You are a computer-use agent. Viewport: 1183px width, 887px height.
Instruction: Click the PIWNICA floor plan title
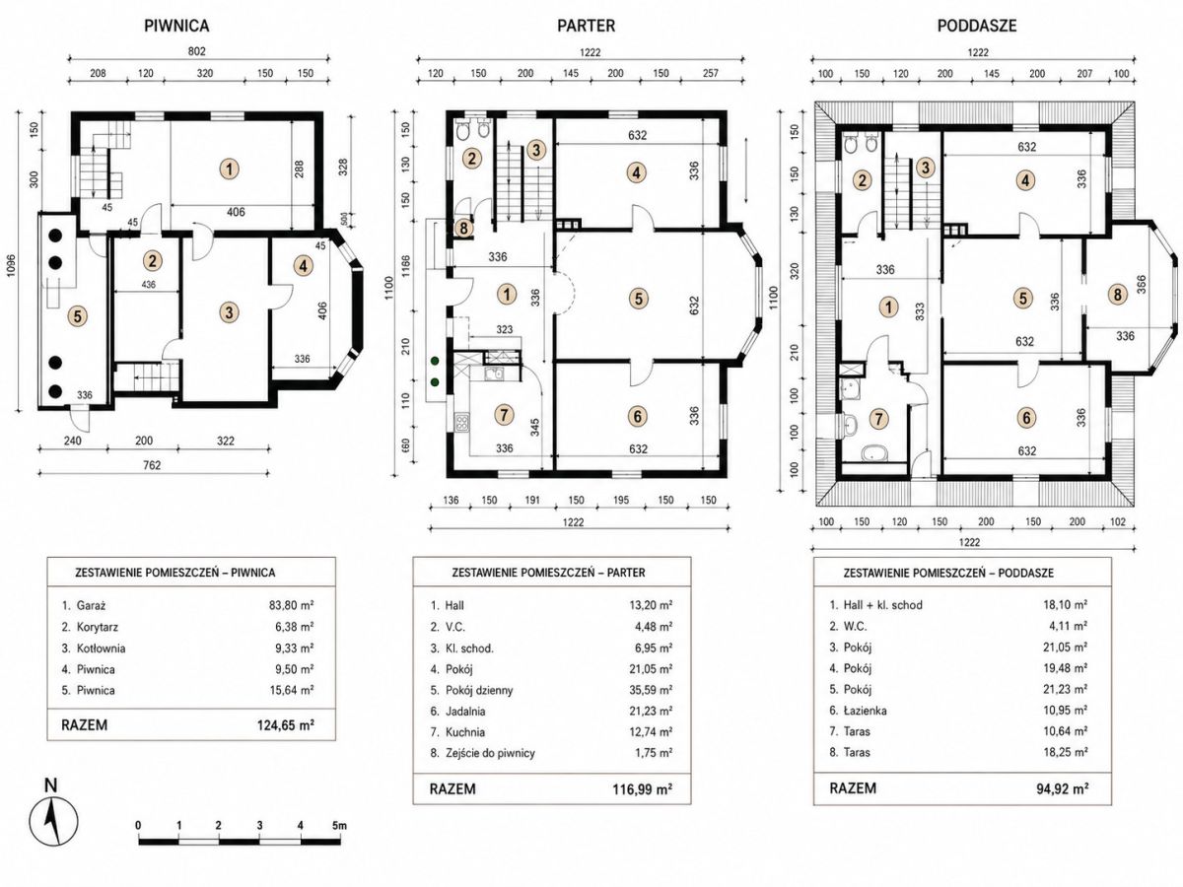click(176, 26)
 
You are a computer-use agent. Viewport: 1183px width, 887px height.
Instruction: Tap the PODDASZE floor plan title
click(977, 26)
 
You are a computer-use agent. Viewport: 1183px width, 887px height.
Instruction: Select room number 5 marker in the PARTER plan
click(639, 298)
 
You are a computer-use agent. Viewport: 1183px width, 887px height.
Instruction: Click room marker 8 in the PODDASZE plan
click(1117, 295)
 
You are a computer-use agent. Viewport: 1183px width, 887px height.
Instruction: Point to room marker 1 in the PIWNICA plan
click(229, 170)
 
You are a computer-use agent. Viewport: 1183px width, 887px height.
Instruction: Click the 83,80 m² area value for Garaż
click(292, 605)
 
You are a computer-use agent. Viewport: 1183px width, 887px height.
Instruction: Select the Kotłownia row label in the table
click(101, 648)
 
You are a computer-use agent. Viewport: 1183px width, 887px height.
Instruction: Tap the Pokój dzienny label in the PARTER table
click(479, 690)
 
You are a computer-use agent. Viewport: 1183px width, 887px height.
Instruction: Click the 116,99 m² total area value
click(642, 789)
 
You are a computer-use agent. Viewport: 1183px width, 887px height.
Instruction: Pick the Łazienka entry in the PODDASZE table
click(865, 711)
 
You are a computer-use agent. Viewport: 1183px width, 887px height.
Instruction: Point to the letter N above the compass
click(50, 785)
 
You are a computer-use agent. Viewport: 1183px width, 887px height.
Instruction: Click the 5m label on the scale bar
click(339, 825)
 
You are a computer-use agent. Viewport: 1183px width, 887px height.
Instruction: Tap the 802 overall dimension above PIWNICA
click(197, 51)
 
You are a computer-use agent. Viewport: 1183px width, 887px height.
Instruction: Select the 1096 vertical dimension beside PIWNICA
click(10, 265)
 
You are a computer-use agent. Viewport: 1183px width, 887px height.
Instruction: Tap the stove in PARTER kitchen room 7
click(462, 421)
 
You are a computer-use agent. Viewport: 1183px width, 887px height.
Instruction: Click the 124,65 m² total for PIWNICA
click(286, 725)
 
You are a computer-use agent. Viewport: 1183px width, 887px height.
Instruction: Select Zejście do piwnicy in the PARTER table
click(490, 753)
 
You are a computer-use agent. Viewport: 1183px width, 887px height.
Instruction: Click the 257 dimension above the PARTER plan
click(711, 73)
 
